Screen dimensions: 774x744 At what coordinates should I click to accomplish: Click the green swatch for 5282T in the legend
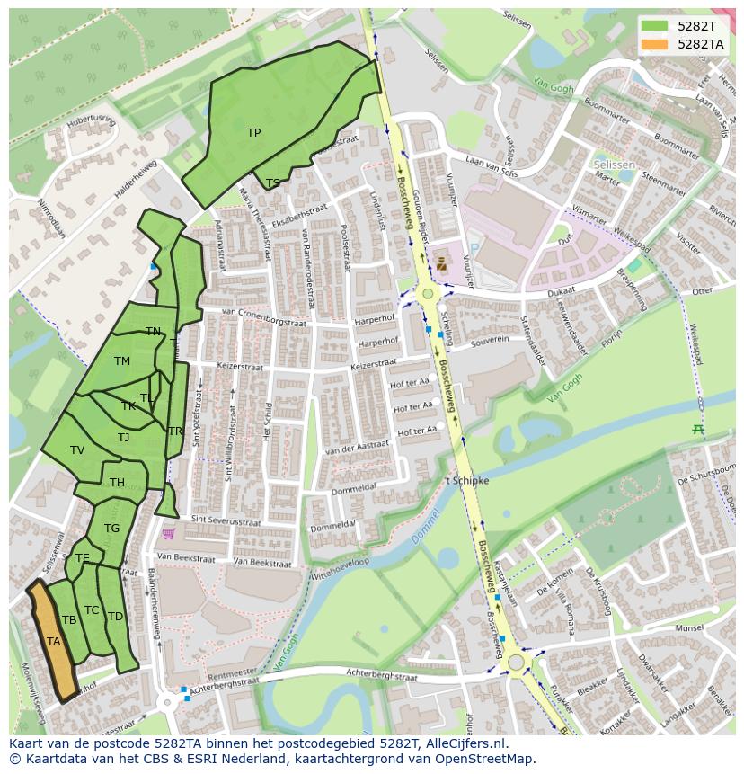(655, 26)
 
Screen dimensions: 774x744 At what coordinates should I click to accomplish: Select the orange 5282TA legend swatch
(655, 44)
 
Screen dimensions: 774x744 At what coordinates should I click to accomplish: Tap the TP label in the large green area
(253, 133)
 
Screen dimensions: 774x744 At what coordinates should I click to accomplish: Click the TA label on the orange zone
(53, 642)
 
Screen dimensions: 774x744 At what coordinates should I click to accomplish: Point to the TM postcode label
(122, 361)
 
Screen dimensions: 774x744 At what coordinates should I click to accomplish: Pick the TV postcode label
(77, 450)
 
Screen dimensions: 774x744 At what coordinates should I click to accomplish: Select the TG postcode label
(111, 529)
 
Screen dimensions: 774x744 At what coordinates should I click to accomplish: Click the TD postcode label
(115, 617)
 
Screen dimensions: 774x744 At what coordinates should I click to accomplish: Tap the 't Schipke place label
(467, 481)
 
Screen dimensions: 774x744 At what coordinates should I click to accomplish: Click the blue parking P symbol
(474, 244)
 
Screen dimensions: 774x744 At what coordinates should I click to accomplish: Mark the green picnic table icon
(697, 430)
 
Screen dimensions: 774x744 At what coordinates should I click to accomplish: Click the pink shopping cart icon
(168, 533)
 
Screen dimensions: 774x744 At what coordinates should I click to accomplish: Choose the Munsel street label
(689, 628)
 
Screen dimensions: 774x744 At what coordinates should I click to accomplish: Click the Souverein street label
(490, 341)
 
